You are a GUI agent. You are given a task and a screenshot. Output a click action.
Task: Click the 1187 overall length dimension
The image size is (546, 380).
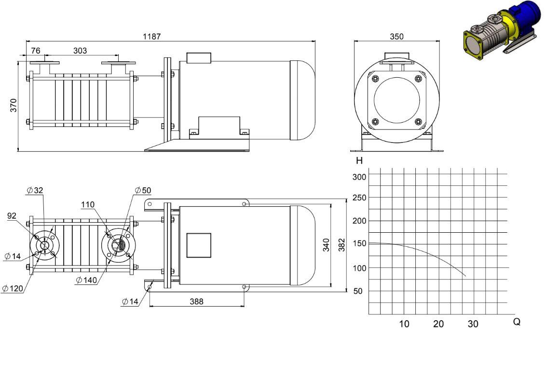[152, 36]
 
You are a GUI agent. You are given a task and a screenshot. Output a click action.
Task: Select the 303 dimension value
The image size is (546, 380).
[80, 51]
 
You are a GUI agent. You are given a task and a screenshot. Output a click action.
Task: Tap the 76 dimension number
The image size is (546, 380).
[36, 51]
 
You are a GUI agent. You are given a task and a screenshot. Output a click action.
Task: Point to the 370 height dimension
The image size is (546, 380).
[13, 105]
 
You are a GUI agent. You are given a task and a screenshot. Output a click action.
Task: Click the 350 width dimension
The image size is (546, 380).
[396, 37]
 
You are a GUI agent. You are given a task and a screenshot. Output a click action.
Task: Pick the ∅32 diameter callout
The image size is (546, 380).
[35, 190]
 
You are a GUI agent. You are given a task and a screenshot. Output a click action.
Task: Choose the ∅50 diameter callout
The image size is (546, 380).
[143, 190]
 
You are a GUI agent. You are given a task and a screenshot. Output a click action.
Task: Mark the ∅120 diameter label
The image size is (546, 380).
[13, 289]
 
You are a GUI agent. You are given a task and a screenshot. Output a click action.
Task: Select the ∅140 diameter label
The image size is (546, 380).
[86, 280]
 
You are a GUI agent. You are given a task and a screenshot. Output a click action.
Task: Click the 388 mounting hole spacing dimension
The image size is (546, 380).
[197, 302]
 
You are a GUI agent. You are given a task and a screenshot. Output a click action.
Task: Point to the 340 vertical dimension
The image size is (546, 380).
[326, 245]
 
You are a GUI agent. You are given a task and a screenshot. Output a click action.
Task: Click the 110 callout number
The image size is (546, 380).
[88, 205]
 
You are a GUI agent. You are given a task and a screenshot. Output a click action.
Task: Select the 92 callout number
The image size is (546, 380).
[12, 216]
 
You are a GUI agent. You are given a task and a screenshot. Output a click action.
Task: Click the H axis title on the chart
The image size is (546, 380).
[359, 161]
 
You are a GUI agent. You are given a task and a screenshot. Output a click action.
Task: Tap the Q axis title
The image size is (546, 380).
[517, 322]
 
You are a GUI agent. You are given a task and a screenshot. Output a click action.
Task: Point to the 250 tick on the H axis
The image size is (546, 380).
[359, 197]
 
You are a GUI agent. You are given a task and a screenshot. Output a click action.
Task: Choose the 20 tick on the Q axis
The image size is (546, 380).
[438, 324]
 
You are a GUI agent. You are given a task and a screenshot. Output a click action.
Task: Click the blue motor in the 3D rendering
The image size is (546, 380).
[523, 17]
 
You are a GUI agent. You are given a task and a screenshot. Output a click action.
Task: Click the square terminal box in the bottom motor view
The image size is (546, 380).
[199, 245]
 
